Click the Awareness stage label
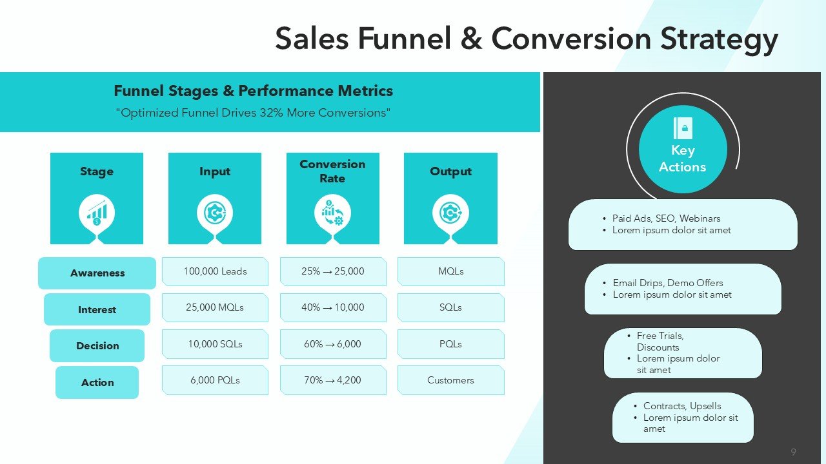(97, 273)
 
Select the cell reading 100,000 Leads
(215, 271)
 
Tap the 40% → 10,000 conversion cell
(333, 307)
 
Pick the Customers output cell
(450, 380)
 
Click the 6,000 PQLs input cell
(215, 380)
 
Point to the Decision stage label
(97, 346)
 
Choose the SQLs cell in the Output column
(450, 307)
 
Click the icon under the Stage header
(97, 213)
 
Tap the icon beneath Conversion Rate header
(333, 213)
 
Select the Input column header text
(215, 171)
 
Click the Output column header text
(450, 171)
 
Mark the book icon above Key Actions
(682, 128)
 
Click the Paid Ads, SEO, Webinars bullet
(666, 218)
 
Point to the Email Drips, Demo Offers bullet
(668, 283)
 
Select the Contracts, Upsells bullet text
(682, 406)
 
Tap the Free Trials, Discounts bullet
(660, 342)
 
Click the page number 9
(793, 452)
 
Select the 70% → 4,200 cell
(333, 380)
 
